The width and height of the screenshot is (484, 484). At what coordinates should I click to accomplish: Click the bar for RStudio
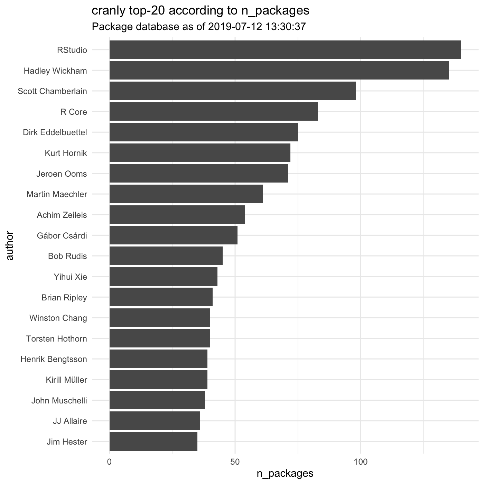point(285,50)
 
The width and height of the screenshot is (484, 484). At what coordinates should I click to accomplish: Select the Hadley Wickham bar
point(279,71)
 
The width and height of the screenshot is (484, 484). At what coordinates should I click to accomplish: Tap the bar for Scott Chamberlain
point(232,91)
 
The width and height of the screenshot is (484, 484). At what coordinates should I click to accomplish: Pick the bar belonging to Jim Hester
point(153,441)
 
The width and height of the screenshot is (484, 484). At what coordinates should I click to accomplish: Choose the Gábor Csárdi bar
point(174,235)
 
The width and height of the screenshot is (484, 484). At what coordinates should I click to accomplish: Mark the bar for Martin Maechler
point(186,194)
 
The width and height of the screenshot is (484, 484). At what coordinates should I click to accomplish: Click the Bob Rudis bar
point(166,256)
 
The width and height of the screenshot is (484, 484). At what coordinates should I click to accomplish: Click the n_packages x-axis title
point(285,473)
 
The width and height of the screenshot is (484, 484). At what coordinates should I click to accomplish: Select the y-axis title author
point(10,245)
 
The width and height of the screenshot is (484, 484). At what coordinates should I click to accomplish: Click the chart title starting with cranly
point(200,11)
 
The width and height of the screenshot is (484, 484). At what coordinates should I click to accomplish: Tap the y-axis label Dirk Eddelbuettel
point(55,132)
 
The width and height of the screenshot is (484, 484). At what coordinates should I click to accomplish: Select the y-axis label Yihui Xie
point(71,277)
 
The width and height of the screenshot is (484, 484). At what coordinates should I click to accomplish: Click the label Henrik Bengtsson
point(54,359)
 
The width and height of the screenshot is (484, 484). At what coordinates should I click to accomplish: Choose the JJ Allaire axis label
point(70,421)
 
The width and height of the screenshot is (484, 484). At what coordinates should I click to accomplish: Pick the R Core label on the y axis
point(74,112)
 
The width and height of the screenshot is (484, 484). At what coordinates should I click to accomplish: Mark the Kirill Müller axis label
point(66,380)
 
